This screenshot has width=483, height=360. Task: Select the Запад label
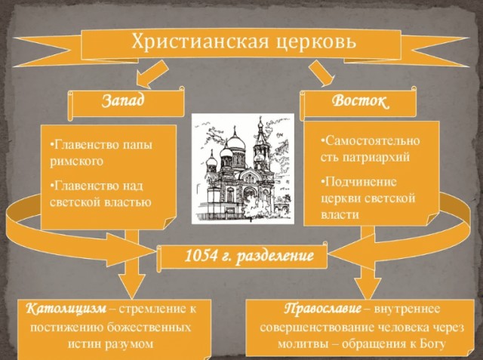click(122, 100)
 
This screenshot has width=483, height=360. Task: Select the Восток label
click(361, 101)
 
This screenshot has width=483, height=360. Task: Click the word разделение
click(275, 257)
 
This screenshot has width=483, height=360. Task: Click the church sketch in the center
click(241, 167)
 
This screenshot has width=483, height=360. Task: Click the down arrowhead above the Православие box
click(363, 285)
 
